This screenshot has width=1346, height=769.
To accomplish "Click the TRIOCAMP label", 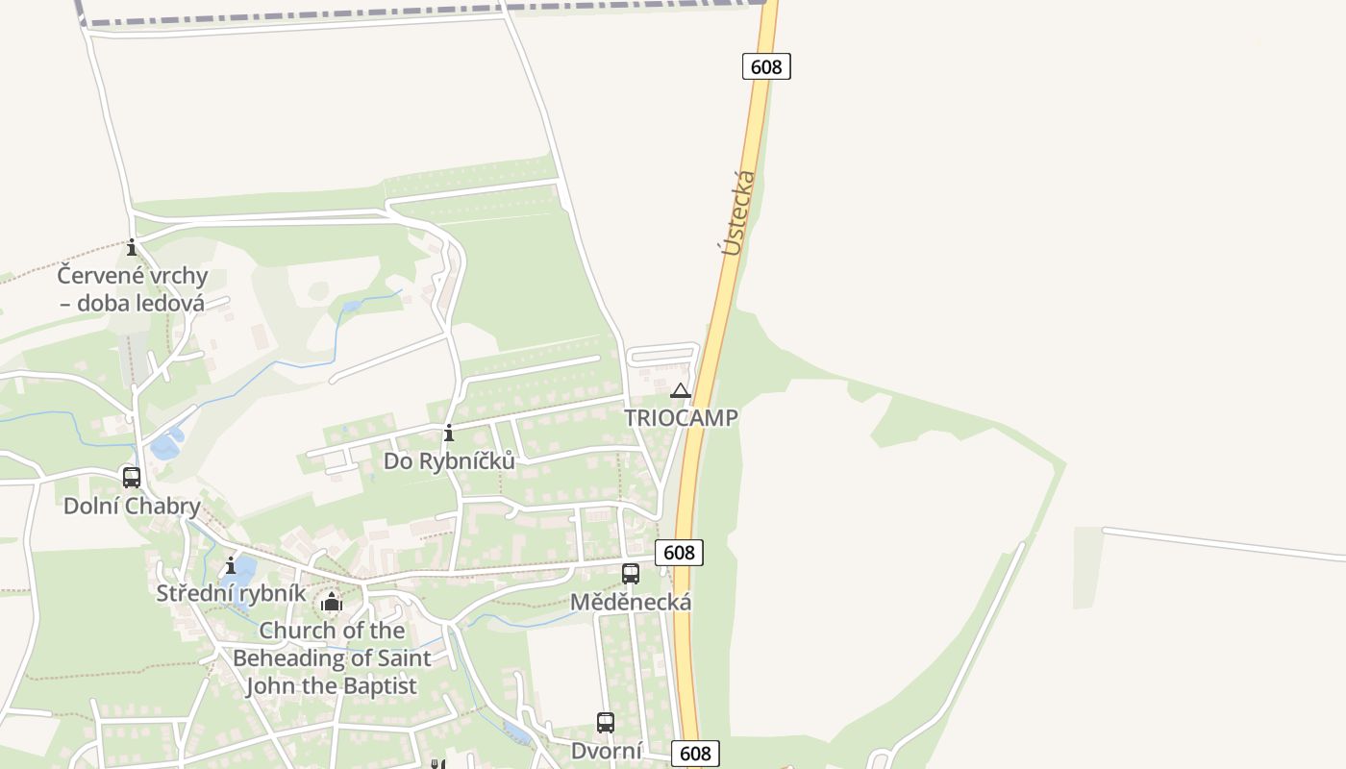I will coord(681,418).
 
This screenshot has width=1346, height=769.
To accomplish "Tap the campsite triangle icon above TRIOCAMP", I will coord(681,390).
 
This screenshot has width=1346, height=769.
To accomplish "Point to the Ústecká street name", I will coord(738,212).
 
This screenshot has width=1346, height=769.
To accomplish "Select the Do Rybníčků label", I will coord(449,461).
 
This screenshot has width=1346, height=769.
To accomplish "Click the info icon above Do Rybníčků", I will coord(449,434).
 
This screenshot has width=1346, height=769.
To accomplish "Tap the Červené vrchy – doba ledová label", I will coord(132,289).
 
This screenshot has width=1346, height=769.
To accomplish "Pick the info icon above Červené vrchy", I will coord(132,248).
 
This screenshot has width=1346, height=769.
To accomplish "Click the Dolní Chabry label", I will coord(132,506).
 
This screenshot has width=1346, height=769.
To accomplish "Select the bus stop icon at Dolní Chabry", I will coord(132,477).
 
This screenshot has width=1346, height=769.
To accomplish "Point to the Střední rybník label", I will coord(231,593).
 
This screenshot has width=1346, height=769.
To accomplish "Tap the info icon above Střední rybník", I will coord(231,565).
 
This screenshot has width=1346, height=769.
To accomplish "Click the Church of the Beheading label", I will coord(332,658).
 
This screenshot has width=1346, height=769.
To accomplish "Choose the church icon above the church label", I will coord(332,603).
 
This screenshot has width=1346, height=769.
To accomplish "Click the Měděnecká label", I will coord(631,603).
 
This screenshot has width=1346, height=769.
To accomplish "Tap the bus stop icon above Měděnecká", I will coord(631,574).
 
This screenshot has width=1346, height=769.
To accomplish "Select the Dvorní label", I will coord(606,751).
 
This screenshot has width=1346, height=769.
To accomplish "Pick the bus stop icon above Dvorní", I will coord(606,723).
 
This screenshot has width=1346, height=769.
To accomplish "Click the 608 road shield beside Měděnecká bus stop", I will coord(679,553).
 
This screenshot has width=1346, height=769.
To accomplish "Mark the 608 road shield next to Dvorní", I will coord(695,754).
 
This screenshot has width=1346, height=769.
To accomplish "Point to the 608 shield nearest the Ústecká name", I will coord(766,66).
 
